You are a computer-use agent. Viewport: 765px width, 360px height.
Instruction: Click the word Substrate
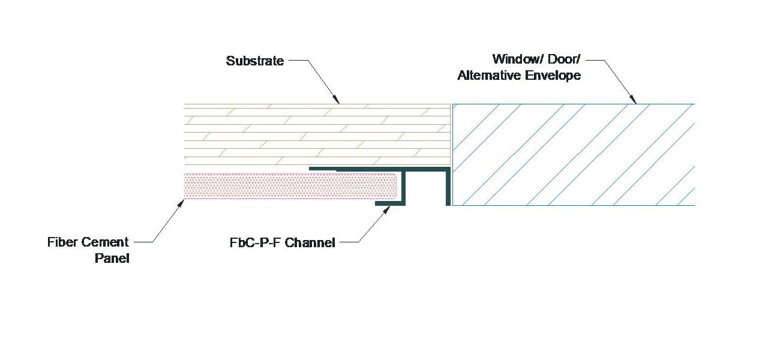(x=255, y=61)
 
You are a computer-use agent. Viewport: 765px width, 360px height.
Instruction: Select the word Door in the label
(x=561, y=59)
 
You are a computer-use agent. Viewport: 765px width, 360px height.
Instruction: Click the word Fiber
(x=63, y=242)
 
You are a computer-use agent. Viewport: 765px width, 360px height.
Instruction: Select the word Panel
(x=112, y=259)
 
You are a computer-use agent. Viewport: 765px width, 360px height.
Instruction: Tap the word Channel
(x=310, y=243)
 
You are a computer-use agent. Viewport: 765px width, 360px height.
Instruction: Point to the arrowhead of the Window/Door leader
(x=635, y=102)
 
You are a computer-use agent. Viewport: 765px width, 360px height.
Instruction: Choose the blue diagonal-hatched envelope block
(x=573, y=155)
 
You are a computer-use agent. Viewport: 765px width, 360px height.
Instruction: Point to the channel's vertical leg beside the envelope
(x=448, y=187)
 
